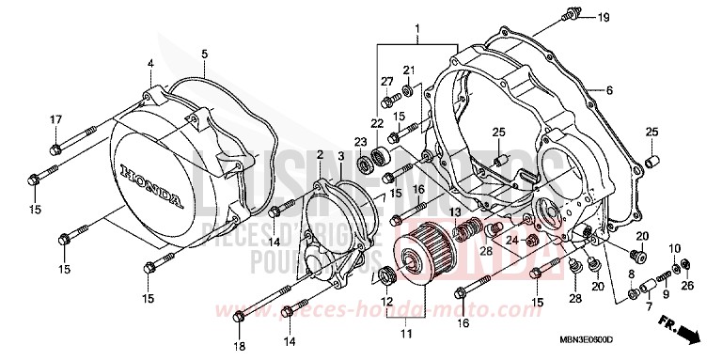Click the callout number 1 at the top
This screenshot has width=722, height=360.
coord(417,32)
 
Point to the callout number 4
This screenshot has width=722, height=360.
coord(149,64)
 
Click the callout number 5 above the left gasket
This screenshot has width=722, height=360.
coord(204,53)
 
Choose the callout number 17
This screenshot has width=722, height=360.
coord(55,119)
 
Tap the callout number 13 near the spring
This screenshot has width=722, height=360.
coord(455,211)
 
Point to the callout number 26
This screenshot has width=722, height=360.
coord(689,287)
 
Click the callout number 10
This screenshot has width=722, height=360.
coord(674,247)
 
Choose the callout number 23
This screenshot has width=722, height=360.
coord(360,143)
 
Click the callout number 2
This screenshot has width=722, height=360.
coord(320,154)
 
